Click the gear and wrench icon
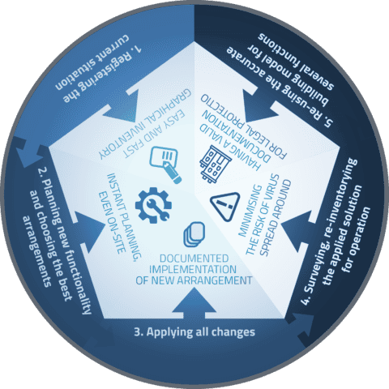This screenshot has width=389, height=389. click(x=153, y=205)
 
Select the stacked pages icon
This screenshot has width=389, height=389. click(x=194, y=234)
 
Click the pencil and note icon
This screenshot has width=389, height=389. click(x=165, y=164)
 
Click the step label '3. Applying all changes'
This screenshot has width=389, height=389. click(x=194, y=332)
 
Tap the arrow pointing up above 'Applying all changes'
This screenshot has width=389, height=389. click(x=194, y=302)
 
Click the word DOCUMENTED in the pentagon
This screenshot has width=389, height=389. click(x=194, y=259)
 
